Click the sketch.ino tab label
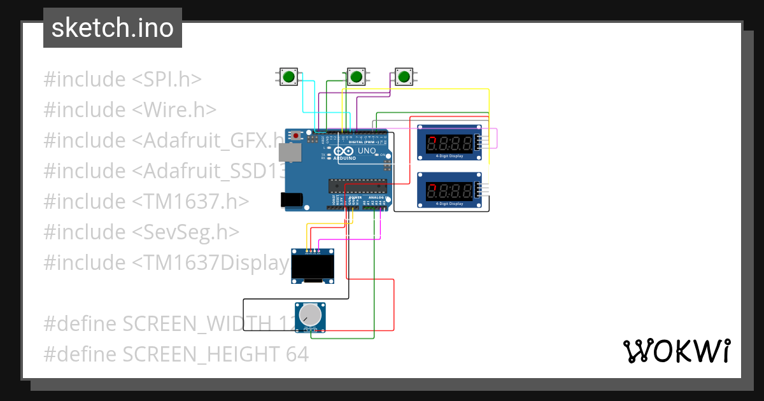113,28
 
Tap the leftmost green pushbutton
288,77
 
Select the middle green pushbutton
356,77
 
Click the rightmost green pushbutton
404,77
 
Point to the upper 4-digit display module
449,142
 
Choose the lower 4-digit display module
449,190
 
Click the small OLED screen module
313,266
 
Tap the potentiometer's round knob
310,314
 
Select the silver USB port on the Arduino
290,151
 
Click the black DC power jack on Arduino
292,200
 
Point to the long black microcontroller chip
357,186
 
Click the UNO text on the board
367,151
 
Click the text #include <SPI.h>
122,80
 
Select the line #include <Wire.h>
130,109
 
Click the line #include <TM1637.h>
146,201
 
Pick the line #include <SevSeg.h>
141,232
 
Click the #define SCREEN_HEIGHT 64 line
176,354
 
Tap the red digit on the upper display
432,142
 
